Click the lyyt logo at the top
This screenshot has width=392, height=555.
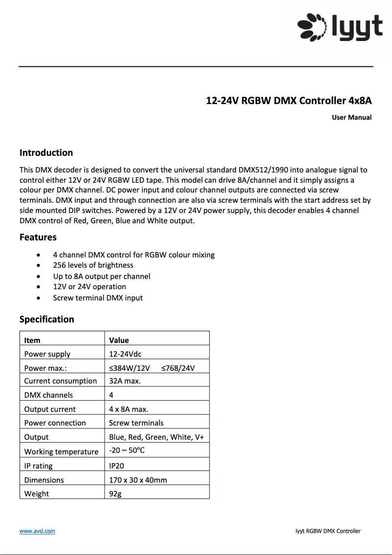tap(340, 28)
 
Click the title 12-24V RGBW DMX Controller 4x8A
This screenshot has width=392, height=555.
tap(288, 101)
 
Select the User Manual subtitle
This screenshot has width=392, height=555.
tap(351, 117)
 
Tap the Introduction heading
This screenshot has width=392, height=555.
tap(46, 153)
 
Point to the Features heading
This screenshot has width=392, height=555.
tap(38, 237)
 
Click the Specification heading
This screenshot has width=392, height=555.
tap(46, 320)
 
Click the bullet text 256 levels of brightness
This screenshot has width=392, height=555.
tap(93, 265)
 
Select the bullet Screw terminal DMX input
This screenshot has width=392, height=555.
tap(98, 298)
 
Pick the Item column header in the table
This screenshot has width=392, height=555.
tap(32, 340)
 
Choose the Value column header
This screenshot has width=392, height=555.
tap(119, 340)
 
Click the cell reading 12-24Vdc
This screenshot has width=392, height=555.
tap(125, 354)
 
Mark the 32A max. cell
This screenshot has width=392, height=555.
tap(125, 381)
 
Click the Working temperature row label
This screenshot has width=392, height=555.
tap(61, 451)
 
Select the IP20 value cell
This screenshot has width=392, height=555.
tap(116, 466)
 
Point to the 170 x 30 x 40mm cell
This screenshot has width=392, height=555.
tap(138, 480)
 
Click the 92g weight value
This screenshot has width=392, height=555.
tap(115, 493)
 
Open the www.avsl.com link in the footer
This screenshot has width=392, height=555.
tap(37, 531)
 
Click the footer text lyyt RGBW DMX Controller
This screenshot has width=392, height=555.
tap(328, 531)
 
